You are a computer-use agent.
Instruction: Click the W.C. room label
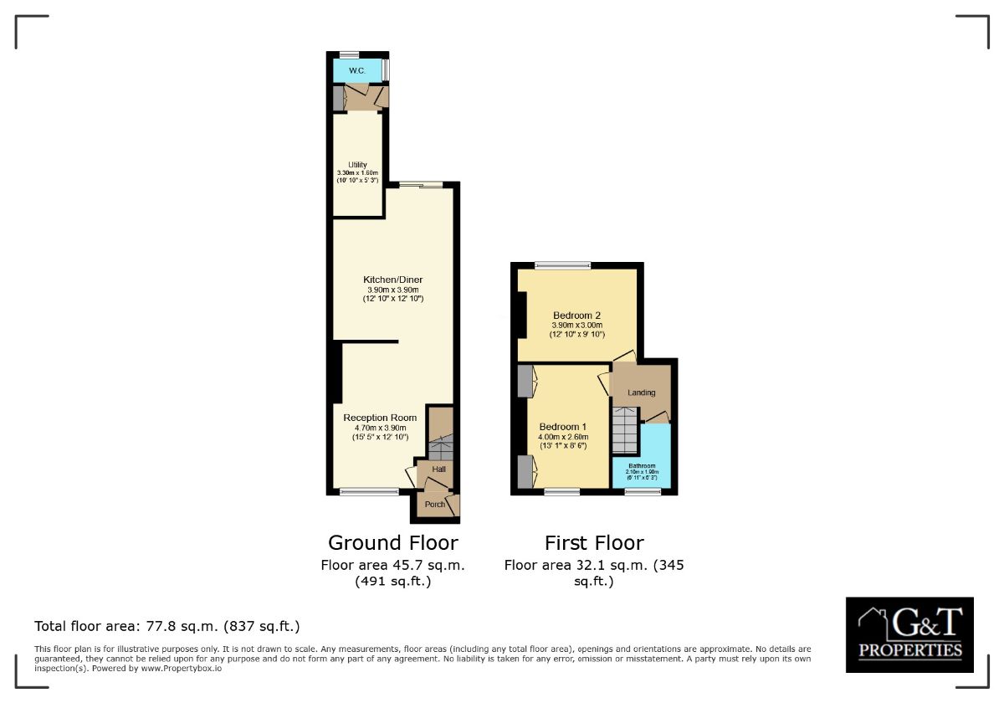(x=355, y=70)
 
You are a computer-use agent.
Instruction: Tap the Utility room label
(x=358, y=165)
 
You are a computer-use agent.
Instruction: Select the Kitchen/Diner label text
(x=392, y=280)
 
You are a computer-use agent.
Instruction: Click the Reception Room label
(x=380, y=418)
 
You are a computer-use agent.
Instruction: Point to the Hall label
(x=438, y=470)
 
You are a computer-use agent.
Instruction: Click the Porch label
(x=435, y=505)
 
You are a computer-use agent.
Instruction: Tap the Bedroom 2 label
(x=576, y=316)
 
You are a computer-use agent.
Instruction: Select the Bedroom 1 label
(x=563, y=426)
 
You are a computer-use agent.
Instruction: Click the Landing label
(x=642, y=393)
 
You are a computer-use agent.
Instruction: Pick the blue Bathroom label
(x=642, y=465)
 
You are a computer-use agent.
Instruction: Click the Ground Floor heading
(x=392, y=542)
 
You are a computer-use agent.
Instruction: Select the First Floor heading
(x=594, y=542)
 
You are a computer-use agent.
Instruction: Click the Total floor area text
(x=166, y=626)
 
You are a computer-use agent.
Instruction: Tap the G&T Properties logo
(x=909, y=634)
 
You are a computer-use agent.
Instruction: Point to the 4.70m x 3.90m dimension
(x=380, y=428)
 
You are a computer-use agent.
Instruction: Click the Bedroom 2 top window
(x=562, y=266)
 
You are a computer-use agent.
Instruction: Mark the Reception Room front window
(x=369, y=492)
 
